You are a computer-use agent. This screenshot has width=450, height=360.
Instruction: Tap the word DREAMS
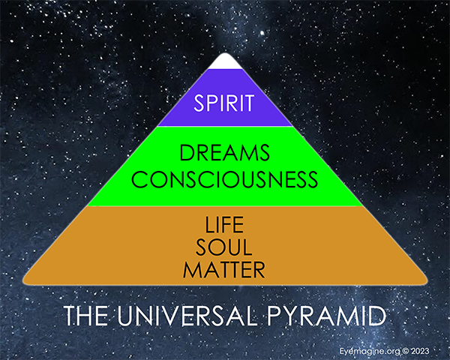point(225,154)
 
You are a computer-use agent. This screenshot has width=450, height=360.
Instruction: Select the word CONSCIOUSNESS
point(225,181)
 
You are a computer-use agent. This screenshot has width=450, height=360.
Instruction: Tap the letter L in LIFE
point(208,225)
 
